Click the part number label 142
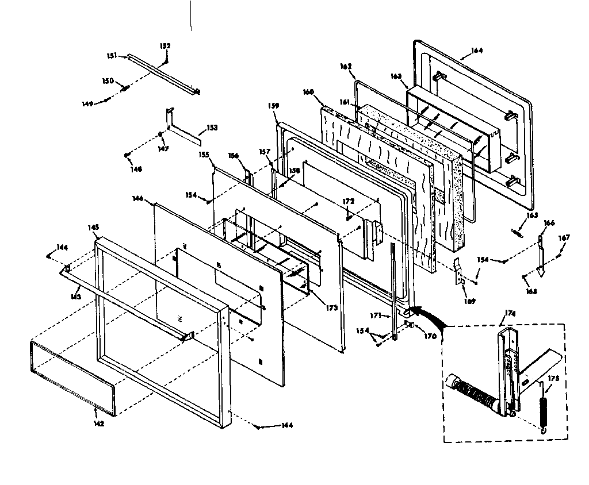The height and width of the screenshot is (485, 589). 98,424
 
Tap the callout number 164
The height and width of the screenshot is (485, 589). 477,51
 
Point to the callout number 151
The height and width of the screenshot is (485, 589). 112,56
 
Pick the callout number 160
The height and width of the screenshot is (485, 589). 308,91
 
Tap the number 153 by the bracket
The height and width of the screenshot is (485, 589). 212,128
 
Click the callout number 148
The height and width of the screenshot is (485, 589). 136,169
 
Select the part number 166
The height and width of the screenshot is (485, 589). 549,223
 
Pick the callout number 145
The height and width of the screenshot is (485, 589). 94,227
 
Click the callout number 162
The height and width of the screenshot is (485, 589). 346,67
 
